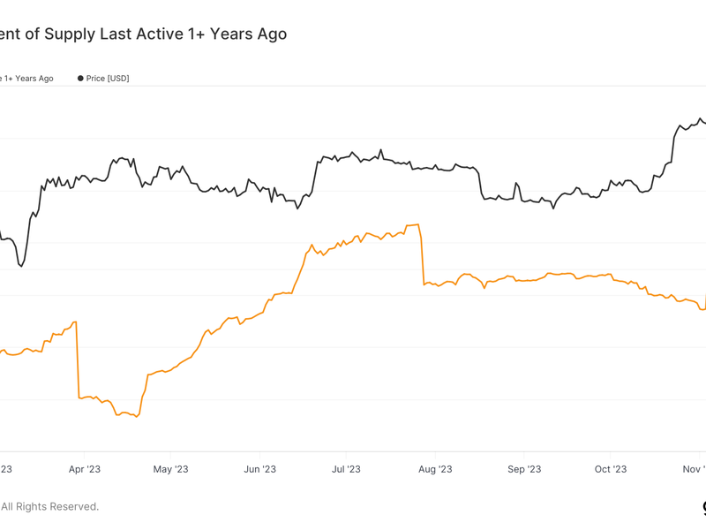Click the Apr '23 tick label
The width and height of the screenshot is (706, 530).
(x=85, y=469)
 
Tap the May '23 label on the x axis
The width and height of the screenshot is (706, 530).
(x=170, y=469)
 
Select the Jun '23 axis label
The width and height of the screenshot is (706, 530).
(x=259, y=469)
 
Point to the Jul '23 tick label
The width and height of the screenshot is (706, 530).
(x=346, y=469)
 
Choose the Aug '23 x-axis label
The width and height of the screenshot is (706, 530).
(x=434, y=469)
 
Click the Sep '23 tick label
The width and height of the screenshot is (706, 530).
(x=523, y=469)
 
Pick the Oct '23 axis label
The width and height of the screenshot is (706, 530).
(x=610, y=469)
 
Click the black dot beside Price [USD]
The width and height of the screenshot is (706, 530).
(x=80, y=79)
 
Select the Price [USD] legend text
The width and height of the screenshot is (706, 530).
(x=108, y=79)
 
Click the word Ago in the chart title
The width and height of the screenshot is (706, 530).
(x=271, y=34)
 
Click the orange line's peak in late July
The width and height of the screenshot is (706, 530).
(x=417, y=224)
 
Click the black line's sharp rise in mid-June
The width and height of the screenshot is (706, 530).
(x=314, y=177)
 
